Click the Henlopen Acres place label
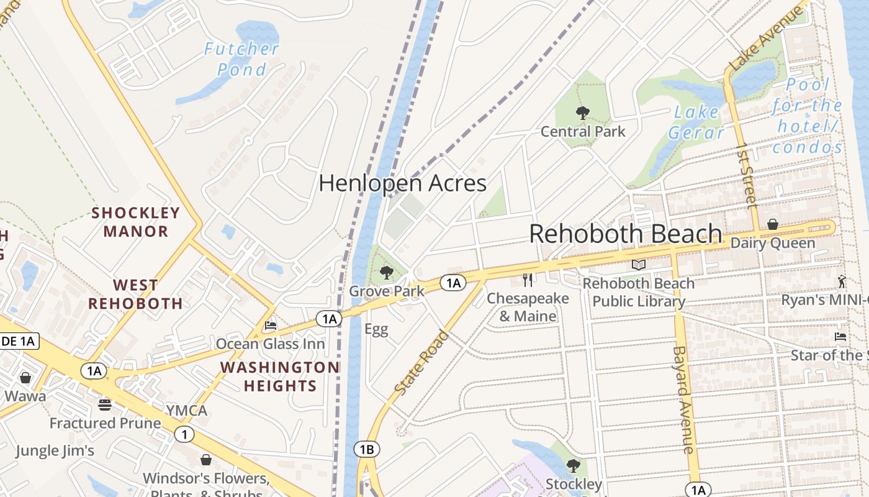[x=402, y=183]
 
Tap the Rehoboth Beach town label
[x=626, y=234]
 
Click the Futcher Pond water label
[x=242, y=59]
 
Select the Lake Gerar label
[x=696, y=122]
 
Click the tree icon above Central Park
[x=582, y=113]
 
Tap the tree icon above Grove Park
[x=387, y=272]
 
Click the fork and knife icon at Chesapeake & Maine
[x=528, y=280]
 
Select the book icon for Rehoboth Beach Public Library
[x=639, y=265]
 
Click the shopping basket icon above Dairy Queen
[x=773, y=224]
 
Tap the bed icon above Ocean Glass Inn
[x=271, y=325]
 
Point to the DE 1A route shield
[x=19, y=340]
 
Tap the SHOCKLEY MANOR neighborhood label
[x=136, y=222]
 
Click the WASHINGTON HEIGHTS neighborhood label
[x=280, y=376]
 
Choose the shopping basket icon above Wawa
[x=25, y=378]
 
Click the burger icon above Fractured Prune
[x=105, y=405]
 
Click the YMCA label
[x=186, y=411]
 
